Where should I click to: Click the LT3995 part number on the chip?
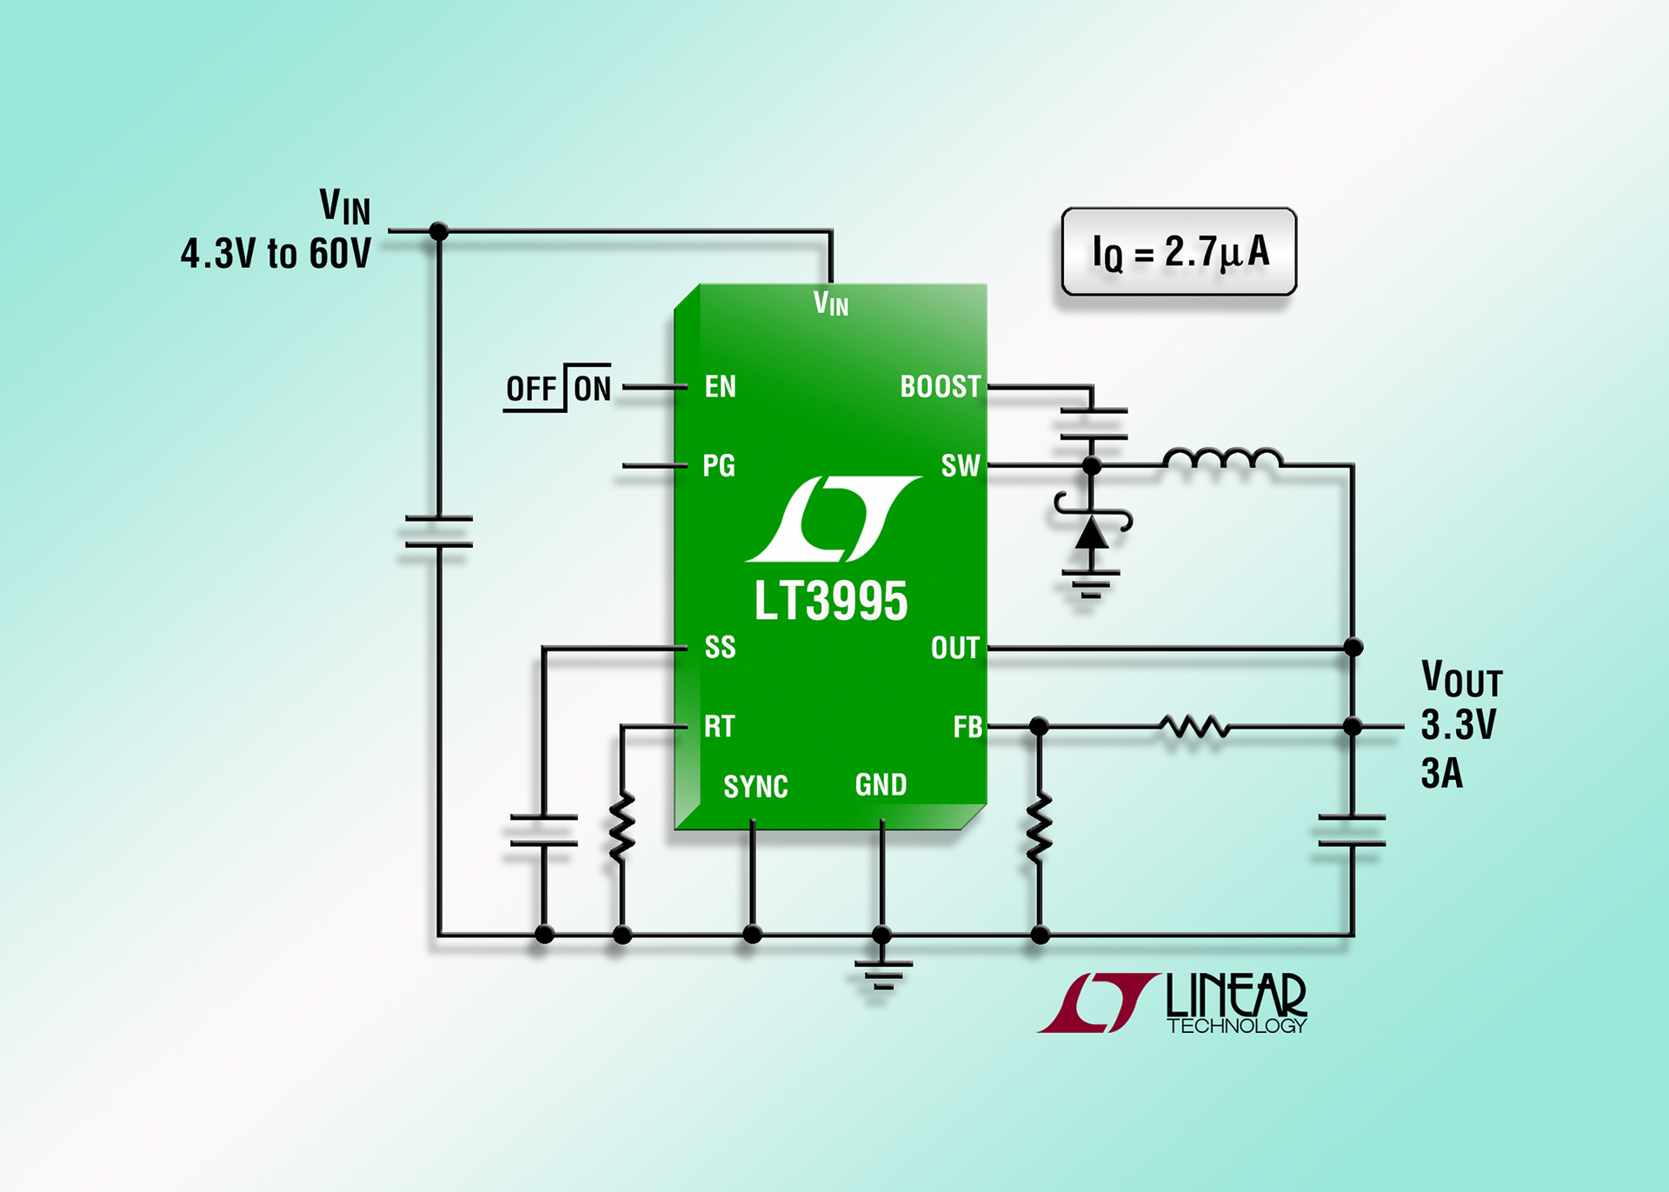(830, 602)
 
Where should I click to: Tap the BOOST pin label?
(940, 387)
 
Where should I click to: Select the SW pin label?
(960, 466)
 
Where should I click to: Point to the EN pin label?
(720, 387)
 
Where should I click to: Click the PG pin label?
(718, 466)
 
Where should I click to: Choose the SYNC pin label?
(755, 787)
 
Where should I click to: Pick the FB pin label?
(967, 727)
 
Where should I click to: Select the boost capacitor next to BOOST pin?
(1093, 423)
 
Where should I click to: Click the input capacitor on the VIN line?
(439, 531)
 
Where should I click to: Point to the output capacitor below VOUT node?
(1352, 830)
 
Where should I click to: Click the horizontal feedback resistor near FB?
(1195, 727)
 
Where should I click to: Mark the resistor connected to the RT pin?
(622, 826)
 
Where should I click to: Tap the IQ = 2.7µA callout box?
(1179, 252)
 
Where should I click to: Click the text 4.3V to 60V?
(276, 254)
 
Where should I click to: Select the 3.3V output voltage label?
(1458, 725)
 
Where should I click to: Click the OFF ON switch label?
(558, 389)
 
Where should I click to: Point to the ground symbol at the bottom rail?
(882, 974)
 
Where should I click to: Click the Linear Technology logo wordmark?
(1234, 1002)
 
